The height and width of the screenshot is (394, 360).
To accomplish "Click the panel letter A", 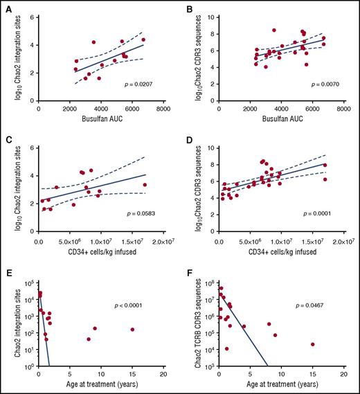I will [6, 9].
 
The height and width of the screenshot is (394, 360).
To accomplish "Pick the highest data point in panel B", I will [274, 30].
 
